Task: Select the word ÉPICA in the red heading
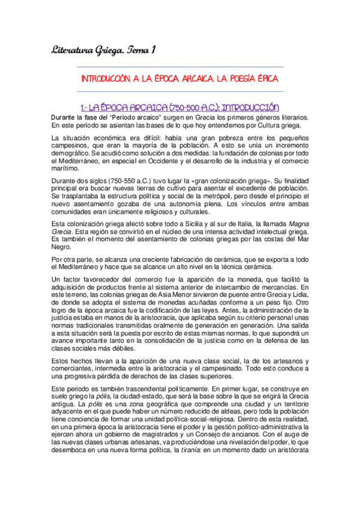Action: pyautogui.click(x=266, y=79)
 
